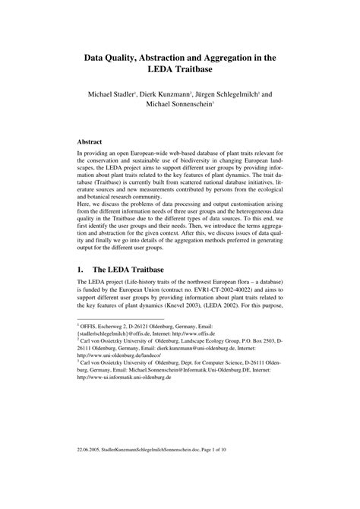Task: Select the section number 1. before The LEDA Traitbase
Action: coord(82,269)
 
